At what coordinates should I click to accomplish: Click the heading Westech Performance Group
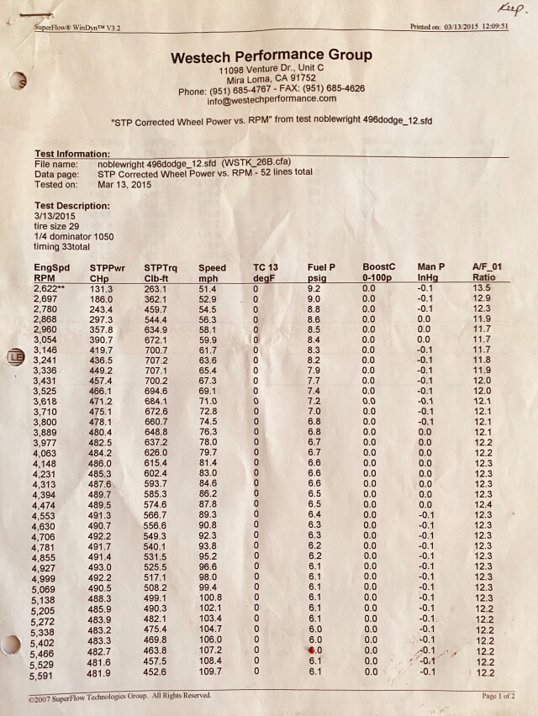271,57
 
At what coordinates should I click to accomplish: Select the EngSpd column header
52,267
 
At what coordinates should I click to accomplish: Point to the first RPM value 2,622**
53,287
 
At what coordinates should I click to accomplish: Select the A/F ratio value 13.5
481,287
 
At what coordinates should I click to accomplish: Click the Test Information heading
71,154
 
